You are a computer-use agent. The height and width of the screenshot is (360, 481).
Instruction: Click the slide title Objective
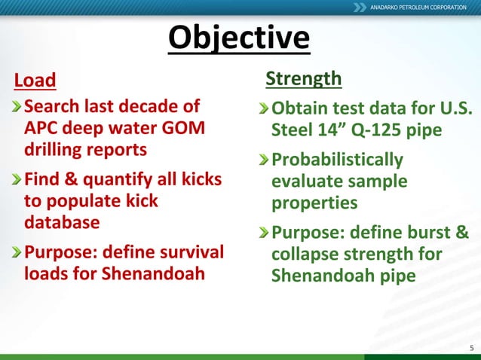tap(238, 38)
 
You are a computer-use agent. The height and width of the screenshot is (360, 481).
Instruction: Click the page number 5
tap(470, 347)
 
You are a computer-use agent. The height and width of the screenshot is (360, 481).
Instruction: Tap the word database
tap(61, 223)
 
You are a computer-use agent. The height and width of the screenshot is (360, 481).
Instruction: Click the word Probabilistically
tap(337, 160)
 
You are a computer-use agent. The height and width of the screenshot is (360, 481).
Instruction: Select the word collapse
tap(305, 255)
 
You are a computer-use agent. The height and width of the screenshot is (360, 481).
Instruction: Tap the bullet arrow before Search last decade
tap(17, 105)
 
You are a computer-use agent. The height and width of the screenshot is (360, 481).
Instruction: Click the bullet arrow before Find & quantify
tap(17, 181)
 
